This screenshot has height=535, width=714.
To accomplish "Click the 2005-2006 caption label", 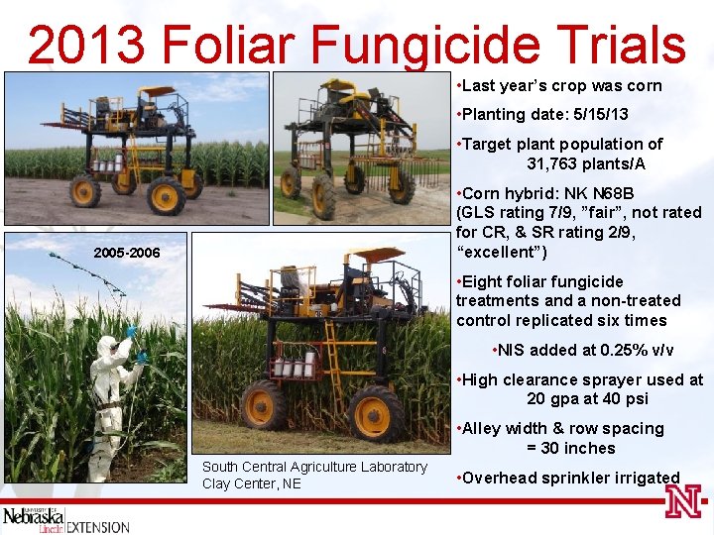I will pyautogui.click(x=126, y=254).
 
